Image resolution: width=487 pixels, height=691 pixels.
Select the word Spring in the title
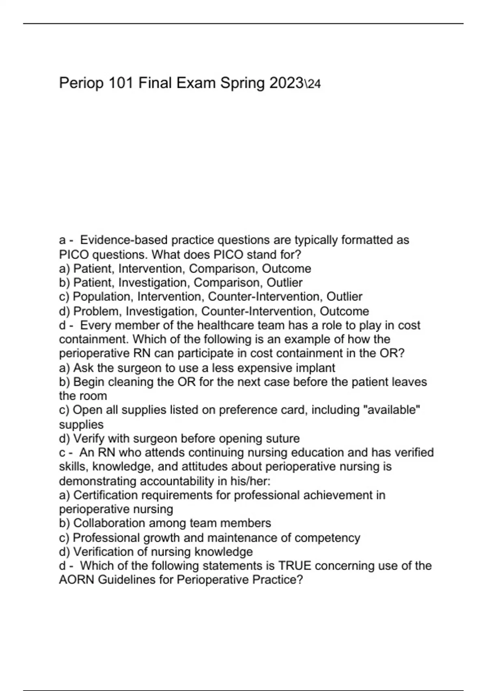[242, 84]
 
